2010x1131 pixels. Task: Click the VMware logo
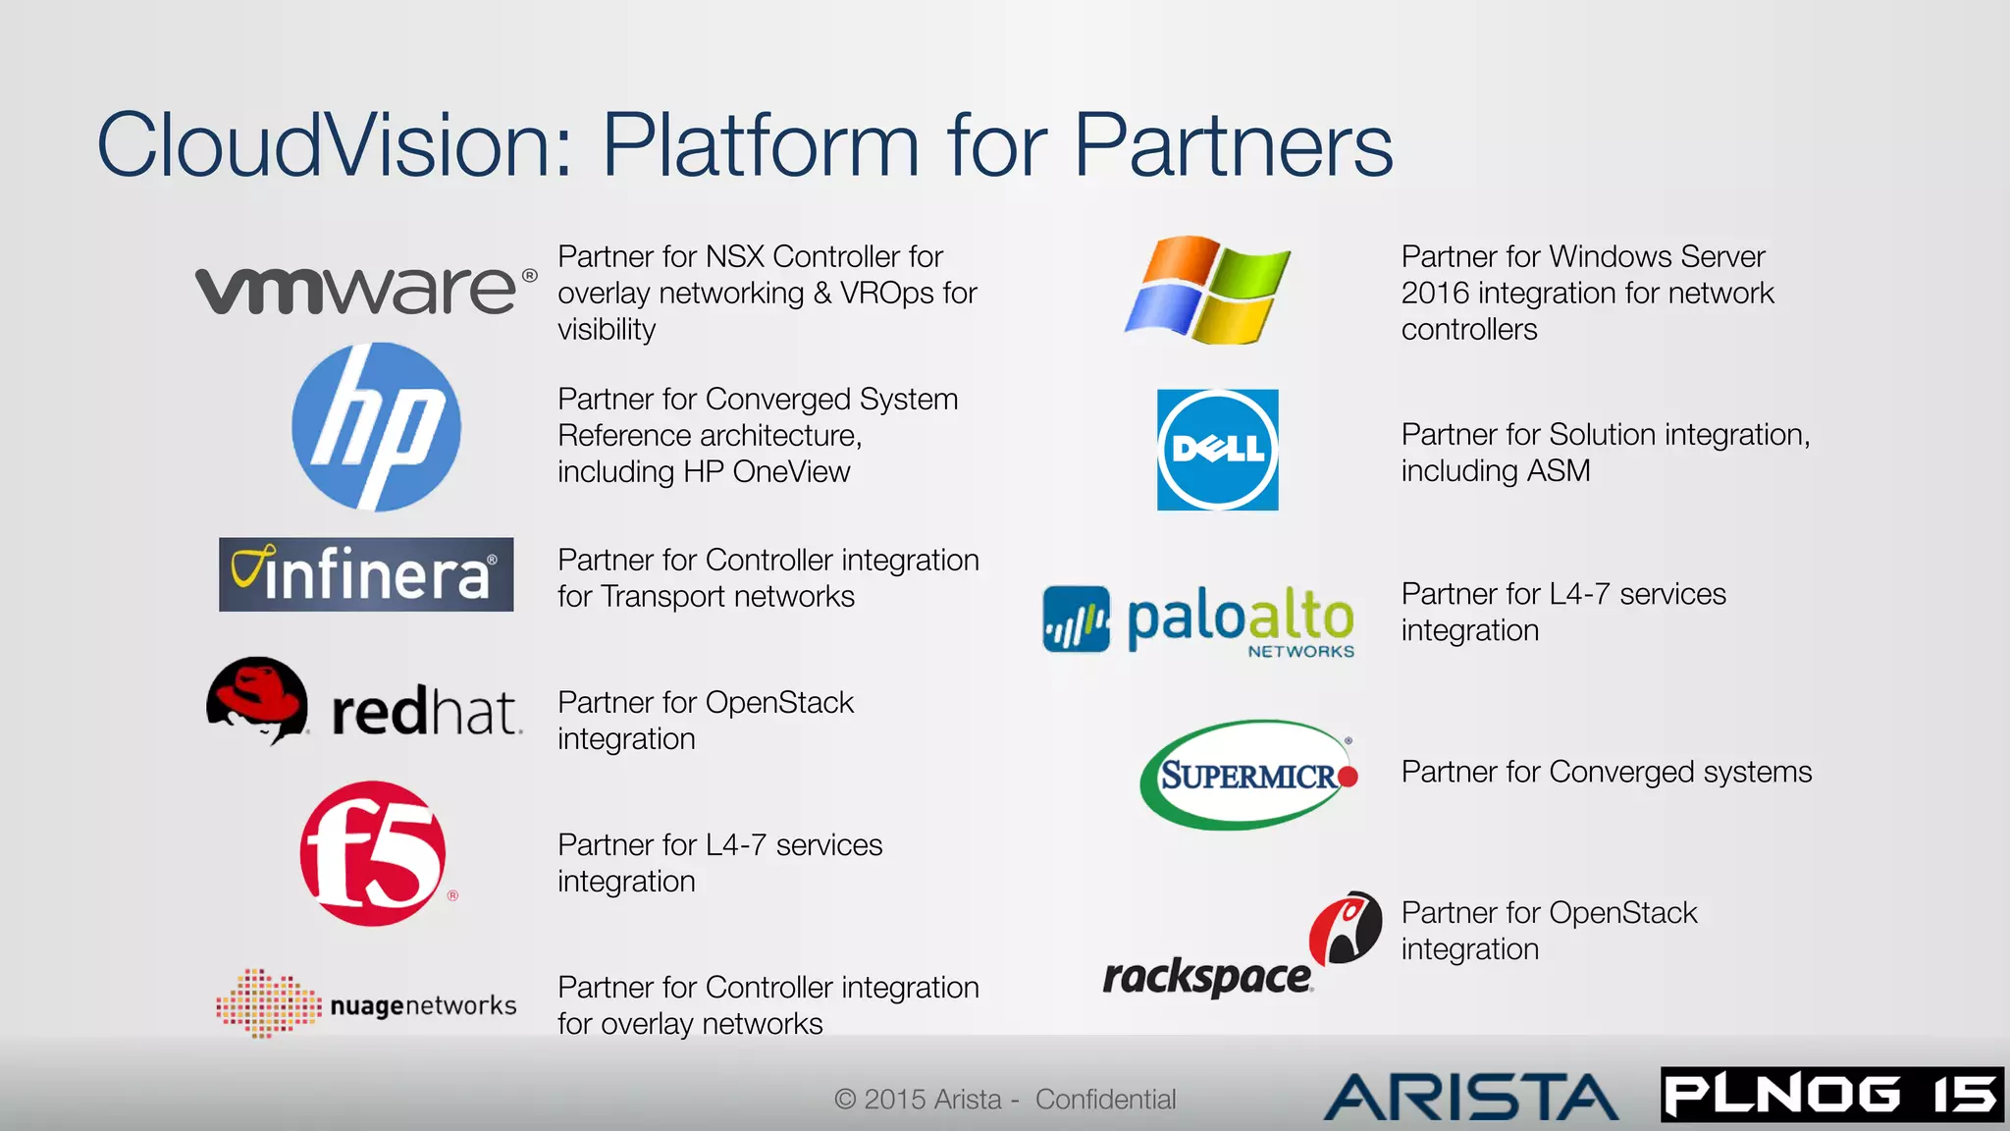click(364, 291)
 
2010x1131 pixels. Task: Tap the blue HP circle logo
click(376, 427)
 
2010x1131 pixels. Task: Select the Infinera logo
click(366, 574)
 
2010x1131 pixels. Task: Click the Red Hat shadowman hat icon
click(257, 699)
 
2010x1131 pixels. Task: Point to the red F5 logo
click(373, 853)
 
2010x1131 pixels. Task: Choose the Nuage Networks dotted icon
click(268, 1002)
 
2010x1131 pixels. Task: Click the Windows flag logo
click(1207, 290)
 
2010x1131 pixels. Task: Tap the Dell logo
click(1217, 450)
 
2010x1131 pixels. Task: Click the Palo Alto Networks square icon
click(1076, 619)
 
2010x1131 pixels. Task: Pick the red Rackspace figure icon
click(1346, 928)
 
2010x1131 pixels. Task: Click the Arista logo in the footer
click(1470, 1097)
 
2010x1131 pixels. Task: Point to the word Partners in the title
click(1233, 145)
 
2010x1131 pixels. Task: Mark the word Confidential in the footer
click(1105, 1100)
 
